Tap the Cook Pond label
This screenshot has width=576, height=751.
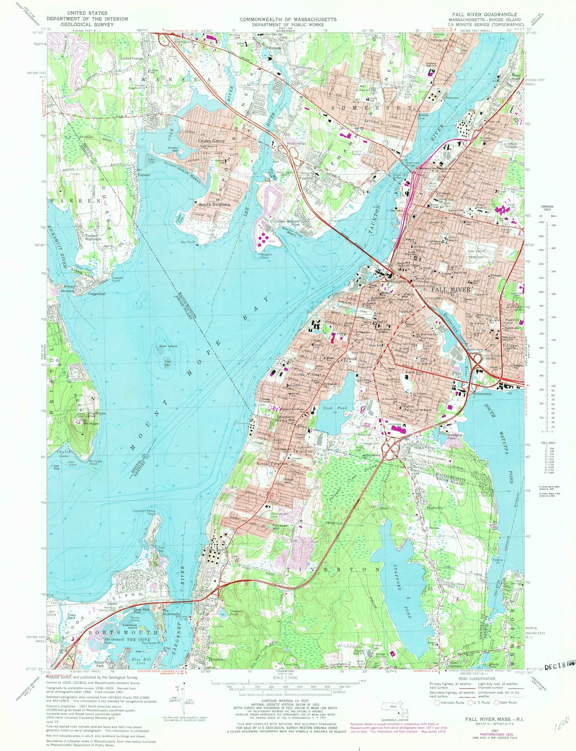pos(335,408)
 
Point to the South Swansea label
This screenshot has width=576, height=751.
pos(214,204)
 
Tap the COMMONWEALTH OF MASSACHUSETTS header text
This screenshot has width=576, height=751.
pos(288,19)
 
